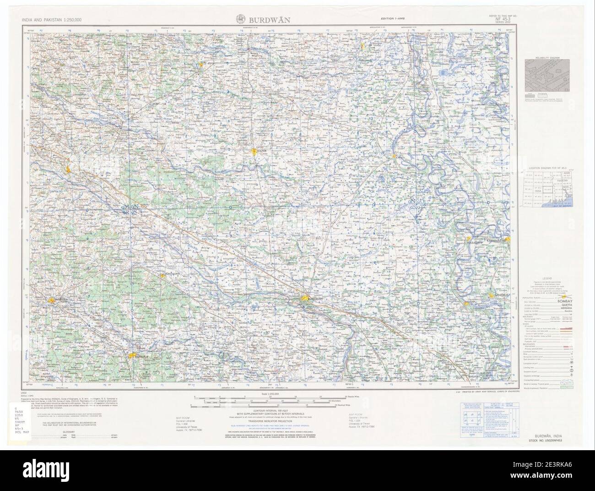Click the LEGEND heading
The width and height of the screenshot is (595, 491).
(x=548, y=278)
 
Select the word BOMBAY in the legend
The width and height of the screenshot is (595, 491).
(x=563, y=301)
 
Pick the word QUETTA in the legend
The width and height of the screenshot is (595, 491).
(x=563, y=305)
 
